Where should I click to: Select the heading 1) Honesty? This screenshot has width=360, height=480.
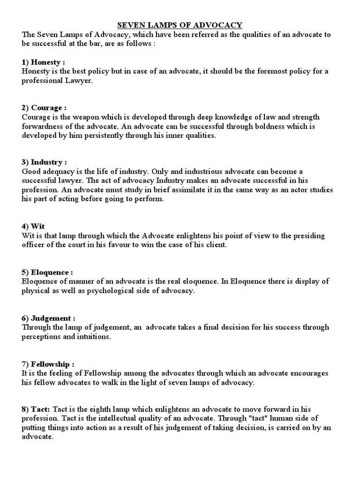click(43, 62)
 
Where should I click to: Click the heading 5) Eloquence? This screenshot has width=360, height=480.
click(47, 272)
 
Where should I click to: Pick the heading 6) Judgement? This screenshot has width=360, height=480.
click(48, 317)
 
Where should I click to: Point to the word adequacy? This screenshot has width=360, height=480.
click(62, 172)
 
